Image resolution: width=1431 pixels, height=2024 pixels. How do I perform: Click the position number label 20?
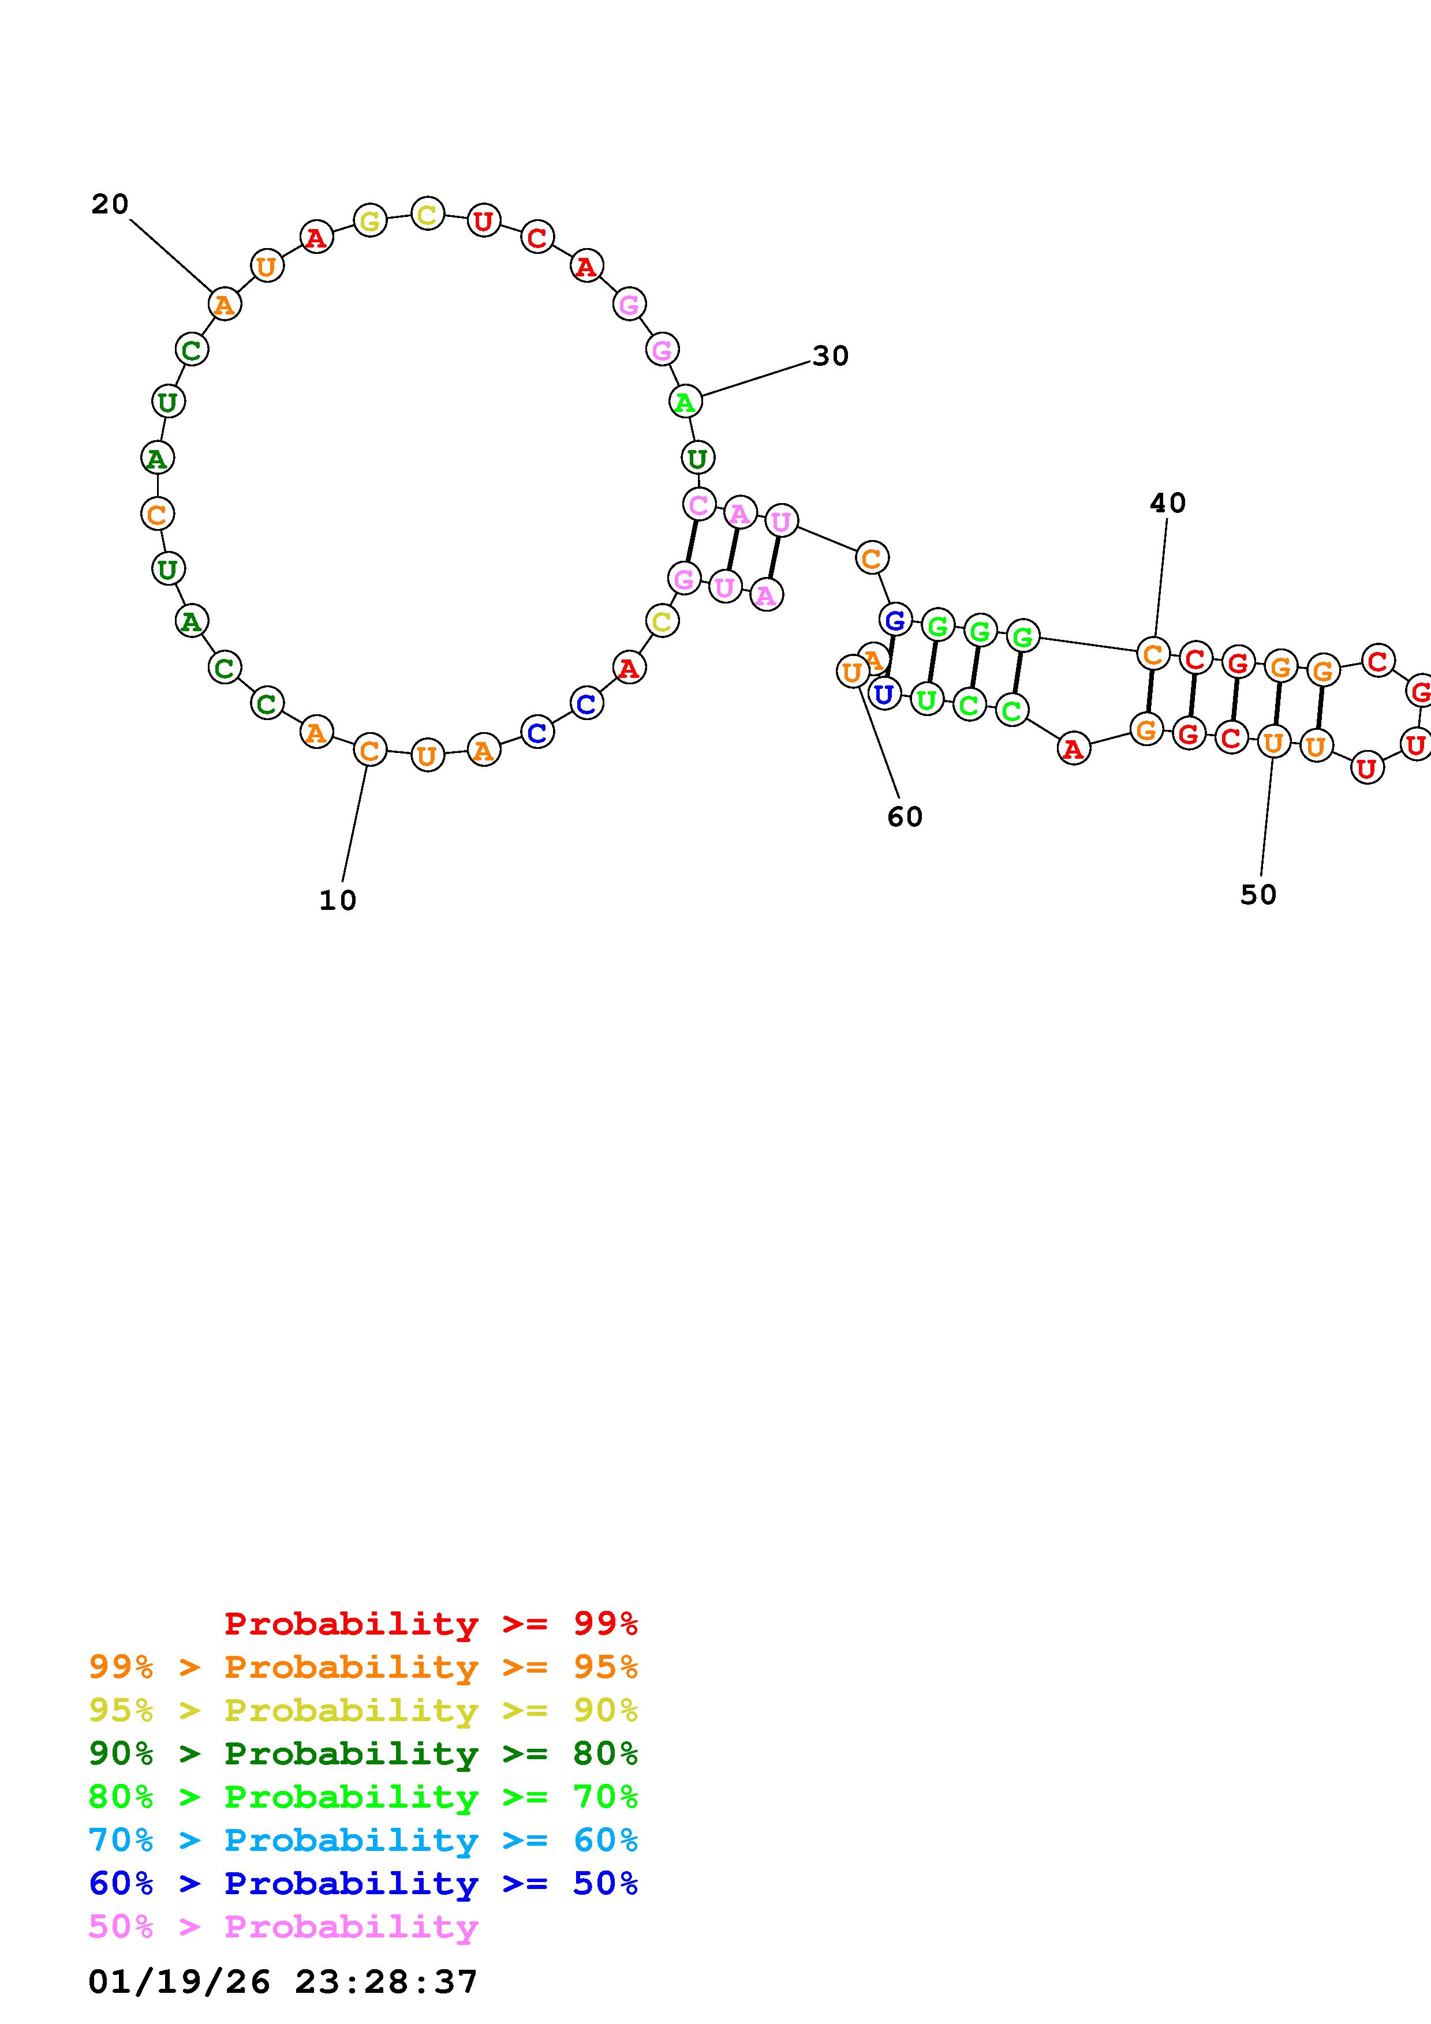[x=110, y=204]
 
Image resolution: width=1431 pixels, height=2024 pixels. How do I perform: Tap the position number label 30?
[x=831, y=356]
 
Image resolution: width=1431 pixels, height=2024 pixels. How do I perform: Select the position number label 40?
[x=1168, y=503]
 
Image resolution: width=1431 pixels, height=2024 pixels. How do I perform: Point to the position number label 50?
[x=1258, y=895]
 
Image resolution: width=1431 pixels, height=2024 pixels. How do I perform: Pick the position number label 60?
[x=905, y=817]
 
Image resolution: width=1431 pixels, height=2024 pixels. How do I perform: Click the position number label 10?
[x=338, y=900]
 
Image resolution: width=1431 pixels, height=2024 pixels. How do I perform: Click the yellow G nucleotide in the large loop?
[x=371, y=220]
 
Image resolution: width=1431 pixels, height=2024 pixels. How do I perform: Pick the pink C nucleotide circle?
[x=699, y=505]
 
